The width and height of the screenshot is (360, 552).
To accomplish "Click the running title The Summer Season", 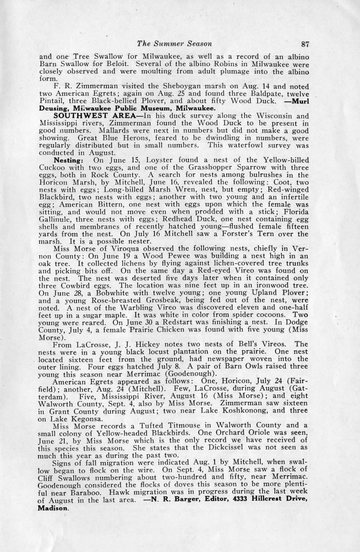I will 174,43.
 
